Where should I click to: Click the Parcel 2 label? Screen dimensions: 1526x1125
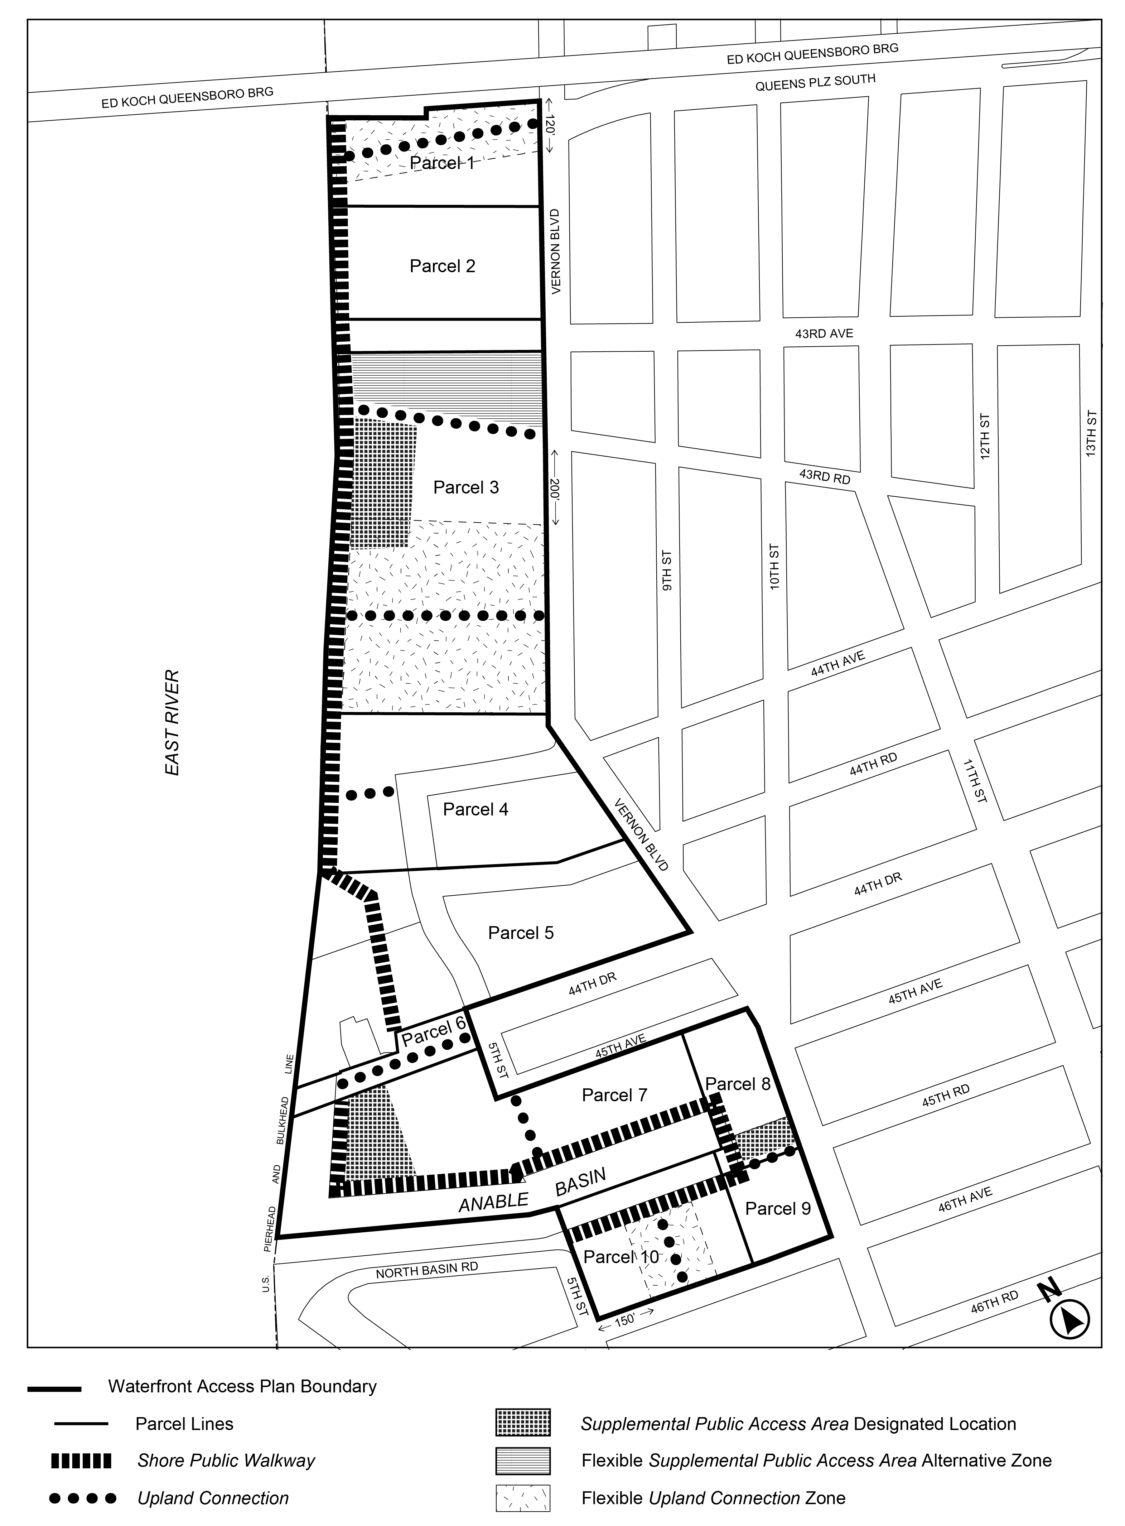[442, 266]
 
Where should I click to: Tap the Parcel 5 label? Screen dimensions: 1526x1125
[521, 933]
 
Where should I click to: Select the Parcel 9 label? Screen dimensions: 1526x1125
[778, 1209]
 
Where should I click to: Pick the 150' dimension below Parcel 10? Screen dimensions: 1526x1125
[624, 1318]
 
